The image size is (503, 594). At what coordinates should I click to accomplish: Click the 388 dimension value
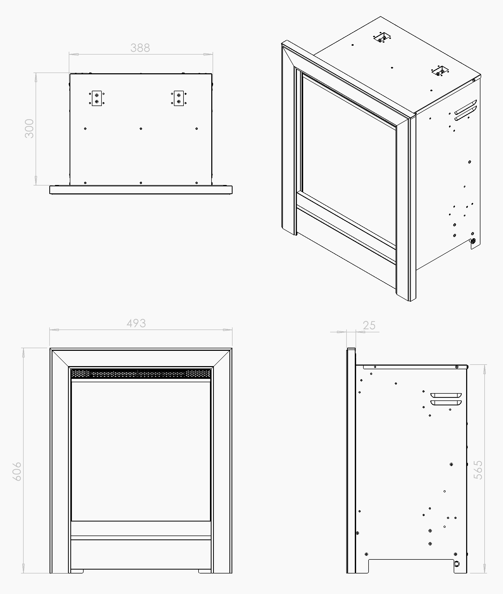[140, 48]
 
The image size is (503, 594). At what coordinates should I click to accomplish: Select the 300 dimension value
[29, 129]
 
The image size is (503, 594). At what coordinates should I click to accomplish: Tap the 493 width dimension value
[136, 324]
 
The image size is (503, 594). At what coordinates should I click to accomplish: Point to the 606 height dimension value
[17, 471]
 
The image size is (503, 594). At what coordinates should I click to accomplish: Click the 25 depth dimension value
[369, 325]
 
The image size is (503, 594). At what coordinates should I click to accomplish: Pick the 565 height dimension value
[478, 470]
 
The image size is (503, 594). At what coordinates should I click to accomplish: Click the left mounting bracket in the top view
[97, 98]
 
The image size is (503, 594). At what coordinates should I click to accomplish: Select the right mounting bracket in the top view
[179, 98]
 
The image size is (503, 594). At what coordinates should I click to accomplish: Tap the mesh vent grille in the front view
[141, 373]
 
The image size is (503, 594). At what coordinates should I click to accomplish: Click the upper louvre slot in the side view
[446, 395]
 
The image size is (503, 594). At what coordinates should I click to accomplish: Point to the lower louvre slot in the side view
[446, 403]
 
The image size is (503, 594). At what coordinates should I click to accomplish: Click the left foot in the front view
[77, 571]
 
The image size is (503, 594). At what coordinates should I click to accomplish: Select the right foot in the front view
[205, 571]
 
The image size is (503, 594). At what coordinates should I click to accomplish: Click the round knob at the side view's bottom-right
[457, 564]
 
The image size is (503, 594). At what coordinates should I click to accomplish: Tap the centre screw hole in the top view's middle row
[141, 129]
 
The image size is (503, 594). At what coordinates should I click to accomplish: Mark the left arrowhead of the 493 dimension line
[54, 330]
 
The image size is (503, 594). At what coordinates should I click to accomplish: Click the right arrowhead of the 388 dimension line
[208, 54]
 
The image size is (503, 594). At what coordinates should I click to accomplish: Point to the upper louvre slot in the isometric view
[466, 107]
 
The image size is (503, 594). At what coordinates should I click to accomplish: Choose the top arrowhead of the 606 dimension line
[23, 353]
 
